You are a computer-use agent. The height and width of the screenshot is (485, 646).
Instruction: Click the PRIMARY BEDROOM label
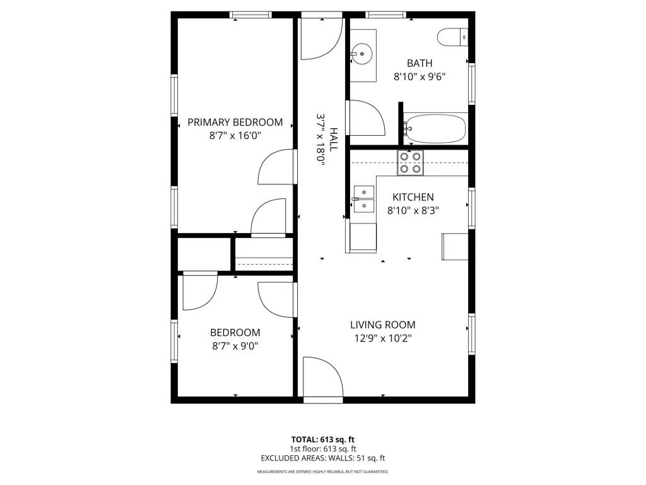click(x=235, y=122)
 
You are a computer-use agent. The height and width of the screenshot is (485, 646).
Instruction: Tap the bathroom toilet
click(x=452, y=37)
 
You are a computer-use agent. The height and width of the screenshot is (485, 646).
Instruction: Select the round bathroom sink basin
click(x=361, y=54)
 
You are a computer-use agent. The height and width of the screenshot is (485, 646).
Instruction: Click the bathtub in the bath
click(x=435, y=128)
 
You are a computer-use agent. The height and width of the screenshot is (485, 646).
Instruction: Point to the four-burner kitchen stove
click(x=410, y=162)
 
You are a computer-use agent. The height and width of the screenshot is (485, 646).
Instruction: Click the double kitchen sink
click(x=364, y=199)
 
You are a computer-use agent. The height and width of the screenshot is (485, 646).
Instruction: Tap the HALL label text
click(x=333, y=140)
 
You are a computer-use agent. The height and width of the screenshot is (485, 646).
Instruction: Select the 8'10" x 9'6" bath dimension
click(x=420, y=76)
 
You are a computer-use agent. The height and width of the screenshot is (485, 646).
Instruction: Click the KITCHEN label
click(x=413, y=197)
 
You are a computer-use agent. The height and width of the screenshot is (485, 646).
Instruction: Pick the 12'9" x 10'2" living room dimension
click(x=383, y=338)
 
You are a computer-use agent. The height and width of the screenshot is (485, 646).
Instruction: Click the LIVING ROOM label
click(x=383, y=325)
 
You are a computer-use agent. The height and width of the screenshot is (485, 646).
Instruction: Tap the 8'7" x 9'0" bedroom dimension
click(x=235, y=345)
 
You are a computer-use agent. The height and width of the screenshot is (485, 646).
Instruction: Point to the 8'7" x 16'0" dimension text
click(x=235, y=135)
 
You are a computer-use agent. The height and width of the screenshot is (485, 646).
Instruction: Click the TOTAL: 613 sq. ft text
click(x=322, y=440)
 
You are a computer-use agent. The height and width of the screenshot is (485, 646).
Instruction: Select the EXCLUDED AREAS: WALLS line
click(x=322, y=458)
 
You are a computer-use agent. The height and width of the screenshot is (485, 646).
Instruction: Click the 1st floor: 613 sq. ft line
click(x=322, y=449)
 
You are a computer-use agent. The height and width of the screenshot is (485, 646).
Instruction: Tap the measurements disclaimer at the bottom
click(x=322, y=471)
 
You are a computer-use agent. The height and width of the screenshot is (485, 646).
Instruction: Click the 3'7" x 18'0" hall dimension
click(x=320, y=140)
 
